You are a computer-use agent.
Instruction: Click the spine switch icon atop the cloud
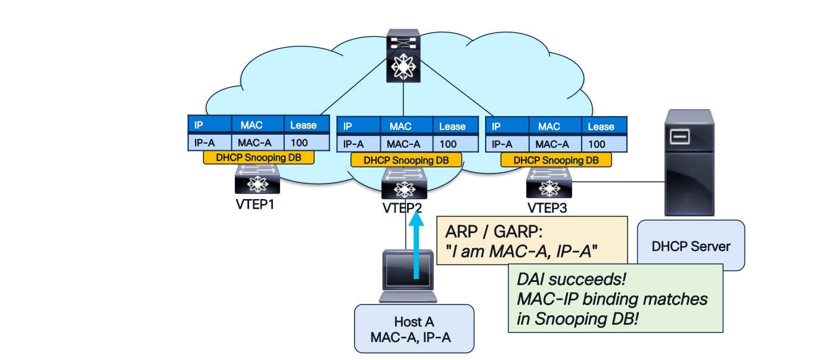(403, 57)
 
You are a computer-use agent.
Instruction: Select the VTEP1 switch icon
(256, 179)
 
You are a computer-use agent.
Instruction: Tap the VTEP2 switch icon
(404, 184)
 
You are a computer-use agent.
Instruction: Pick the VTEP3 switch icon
(547, 183)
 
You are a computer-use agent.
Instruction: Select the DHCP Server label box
(691, 246)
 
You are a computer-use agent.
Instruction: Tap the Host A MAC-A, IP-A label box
(414, 329)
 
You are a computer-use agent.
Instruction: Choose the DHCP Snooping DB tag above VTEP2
(406, 160)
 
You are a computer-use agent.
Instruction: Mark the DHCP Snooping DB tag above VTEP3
(555, 160)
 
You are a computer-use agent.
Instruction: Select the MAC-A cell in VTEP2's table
(403, 144)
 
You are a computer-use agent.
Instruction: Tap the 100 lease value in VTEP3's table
(597, 144)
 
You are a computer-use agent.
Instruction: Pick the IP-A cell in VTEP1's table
(204, 142)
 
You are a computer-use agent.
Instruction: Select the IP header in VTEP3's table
(496, 126)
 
